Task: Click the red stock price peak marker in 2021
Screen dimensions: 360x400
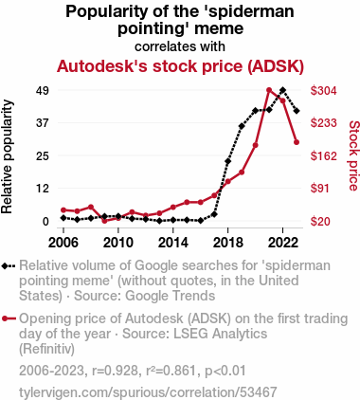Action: click(269, 90)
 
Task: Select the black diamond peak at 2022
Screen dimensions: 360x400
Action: click(283, 90)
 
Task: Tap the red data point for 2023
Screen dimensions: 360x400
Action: click(297, 142)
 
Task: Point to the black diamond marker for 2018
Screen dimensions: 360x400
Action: click(227, 161)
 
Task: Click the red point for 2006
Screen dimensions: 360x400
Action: click(63, 210)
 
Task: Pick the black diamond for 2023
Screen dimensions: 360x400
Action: click(297, 111)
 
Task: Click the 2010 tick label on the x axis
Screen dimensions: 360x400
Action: click(118, 243)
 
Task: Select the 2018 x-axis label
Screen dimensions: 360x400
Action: click(228, 243)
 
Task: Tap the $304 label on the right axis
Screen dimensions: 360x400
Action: click(324, 91)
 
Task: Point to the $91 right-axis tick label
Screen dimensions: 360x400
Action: click(320, 189)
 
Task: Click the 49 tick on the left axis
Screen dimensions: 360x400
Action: click(43, 91)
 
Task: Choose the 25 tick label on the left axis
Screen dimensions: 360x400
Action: click(43, 155)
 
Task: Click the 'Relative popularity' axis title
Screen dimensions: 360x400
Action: click(7, 156)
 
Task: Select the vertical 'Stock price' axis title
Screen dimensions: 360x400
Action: click(353, 155)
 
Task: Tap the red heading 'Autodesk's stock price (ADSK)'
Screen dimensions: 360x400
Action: click(180, 66)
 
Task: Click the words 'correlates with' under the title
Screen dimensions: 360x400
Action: click(180, 46)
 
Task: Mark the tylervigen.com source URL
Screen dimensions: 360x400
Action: click(148, 392)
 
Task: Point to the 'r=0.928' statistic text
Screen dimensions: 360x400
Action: click(115, 371)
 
